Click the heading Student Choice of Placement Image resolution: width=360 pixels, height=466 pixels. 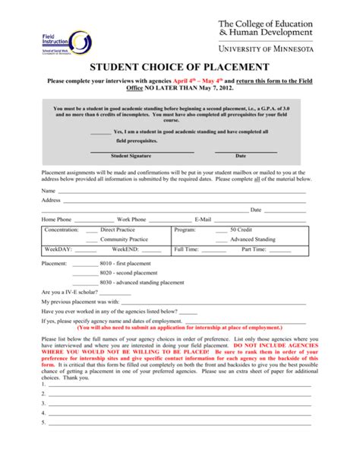coord(179,68)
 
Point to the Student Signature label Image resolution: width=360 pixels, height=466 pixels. coord(131,155)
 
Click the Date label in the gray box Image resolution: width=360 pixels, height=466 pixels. coord(241,155)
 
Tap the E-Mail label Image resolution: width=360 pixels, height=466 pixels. coord(207,219)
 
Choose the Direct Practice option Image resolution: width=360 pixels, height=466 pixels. coord(117,229)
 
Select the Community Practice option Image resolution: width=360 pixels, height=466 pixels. coord(123,239)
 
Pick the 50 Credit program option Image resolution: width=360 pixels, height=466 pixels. coord(244,229)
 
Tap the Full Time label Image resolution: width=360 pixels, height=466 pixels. coord(186,249)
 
